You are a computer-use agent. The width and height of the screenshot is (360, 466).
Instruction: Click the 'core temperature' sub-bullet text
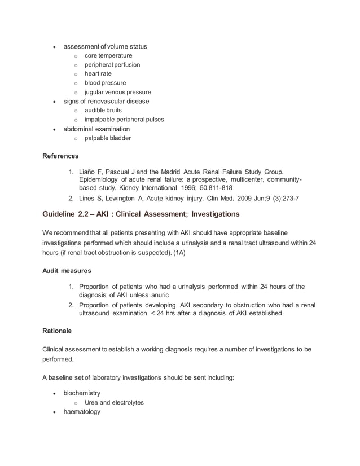coord(108,56)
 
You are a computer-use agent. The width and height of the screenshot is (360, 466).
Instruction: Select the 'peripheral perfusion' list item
coord(112,65)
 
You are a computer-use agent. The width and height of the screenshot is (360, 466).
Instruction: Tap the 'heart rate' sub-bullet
coord(98,74)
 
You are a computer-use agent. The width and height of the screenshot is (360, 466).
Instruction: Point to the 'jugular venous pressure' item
coord(118,92)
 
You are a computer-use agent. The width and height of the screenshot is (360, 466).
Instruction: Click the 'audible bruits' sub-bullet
coord(104,111)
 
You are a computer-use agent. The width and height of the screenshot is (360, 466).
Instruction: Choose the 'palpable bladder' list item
coord(107,138)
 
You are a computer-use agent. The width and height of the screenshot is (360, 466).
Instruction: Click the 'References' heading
coord(61,156)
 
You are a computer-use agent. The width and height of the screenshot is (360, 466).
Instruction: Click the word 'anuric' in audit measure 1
coord(157,295)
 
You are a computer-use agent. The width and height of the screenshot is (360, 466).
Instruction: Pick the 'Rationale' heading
coord(57,331)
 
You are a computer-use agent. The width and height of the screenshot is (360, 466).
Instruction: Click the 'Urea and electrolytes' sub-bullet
coord(114,403)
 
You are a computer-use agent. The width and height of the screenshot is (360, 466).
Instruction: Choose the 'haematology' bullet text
coord(82,412)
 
